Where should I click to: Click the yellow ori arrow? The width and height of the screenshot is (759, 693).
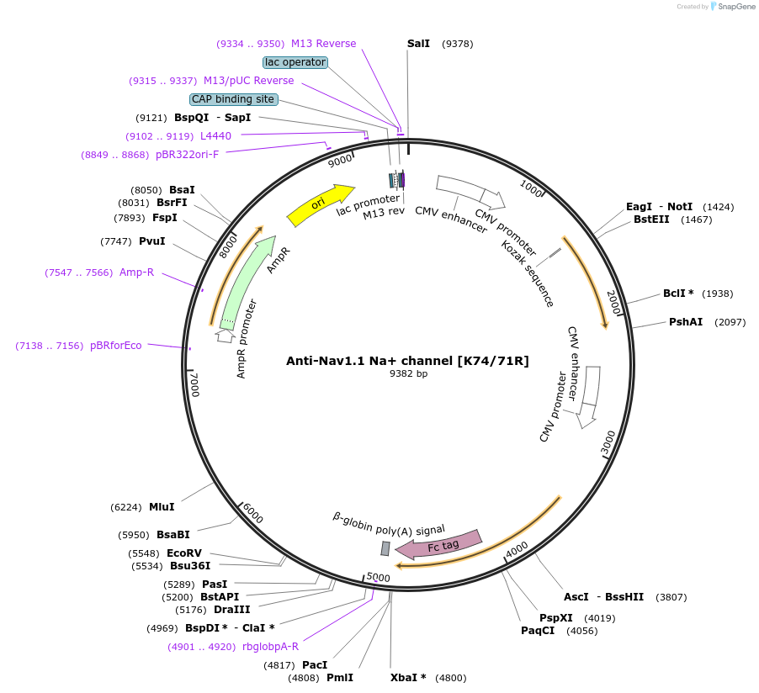click(320, 204)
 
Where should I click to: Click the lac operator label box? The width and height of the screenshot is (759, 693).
click(295, 62)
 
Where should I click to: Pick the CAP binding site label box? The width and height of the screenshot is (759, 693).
click(233, 99)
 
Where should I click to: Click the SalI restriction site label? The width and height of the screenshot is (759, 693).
click(418, 44)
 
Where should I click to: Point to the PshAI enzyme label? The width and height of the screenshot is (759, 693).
click(686, 322)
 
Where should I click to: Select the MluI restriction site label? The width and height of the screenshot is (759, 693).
click(162, 507)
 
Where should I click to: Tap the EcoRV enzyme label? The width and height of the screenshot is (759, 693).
click(184, 553)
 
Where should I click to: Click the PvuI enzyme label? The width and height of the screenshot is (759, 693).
click(152, 241)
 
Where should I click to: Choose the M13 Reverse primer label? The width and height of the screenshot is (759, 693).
click(323, 44)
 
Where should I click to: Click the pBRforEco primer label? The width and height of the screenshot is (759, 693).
click(116, 346)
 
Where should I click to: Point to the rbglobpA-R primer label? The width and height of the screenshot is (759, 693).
click(270, 647)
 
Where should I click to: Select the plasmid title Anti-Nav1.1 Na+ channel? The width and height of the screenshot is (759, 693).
click(407, 361)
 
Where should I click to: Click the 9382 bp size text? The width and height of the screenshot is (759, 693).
click(408, 373)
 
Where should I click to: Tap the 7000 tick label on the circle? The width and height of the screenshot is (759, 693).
click(194, 384)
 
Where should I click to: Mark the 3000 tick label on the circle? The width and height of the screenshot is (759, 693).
click(608, 443)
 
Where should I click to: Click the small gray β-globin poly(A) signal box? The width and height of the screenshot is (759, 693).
click(385, 548)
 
